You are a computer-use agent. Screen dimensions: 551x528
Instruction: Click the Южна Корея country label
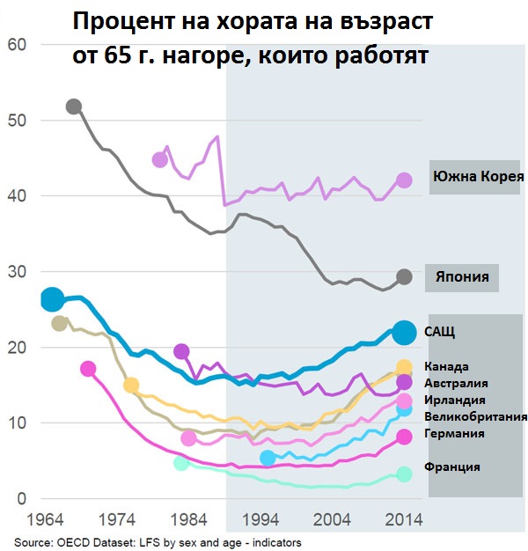(478, 176)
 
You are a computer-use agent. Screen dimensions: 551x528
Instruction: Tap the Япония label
(463, 275)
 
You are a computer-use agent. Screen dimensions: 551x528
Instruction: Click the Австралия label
(456, 383)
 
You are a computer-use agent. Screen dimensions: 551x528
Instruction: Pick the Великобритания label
(475, 416)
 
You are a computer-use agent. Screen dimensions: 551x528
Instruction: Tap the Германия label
(454, 433)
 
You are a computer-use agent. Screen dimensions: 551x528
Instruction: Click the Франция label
(452, 467)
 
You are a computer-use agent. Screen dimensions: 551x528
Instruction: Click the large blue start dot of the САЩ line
(52, 299)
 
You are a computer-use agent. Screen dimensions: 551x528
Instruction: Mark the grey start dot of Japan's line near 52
(74, 107)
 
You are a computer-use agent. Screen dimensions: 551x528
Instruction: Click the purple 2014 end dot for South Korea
(404, 180)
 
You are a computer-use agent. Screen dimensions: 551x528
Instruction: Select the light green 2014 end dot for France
(404, 474)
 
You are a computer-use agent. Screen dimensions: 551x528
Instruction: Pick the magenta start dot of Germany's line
(88, 369)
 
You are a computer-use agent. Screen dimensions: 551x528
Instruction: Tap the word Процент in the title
(114, 22)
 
